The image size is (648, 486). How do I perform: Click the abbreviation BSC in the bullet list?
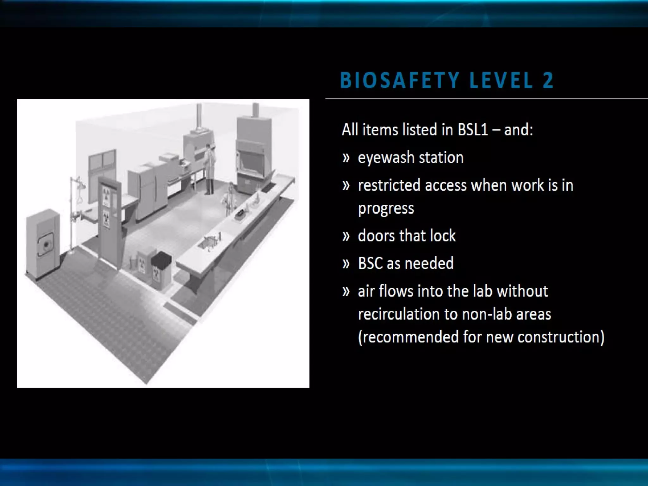coord(370,263)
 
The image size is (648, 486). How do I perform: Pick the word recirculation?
coord(398,314)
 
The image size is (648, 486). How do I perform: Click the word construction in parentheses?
coord(560,337)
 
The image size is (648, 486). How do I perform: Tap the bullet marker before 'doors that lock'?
coord(346,236)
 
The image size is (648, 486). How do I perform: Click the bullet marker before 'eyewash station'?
coord(346,158)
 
